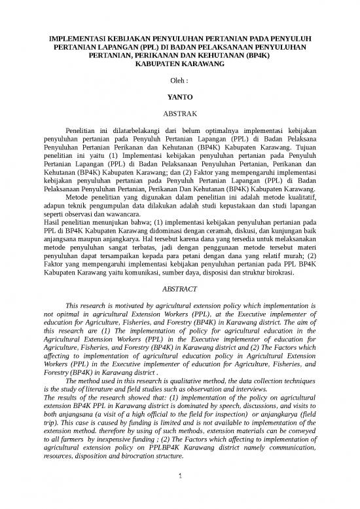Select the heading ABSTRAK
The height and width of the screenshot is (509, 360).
point(179,113)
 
